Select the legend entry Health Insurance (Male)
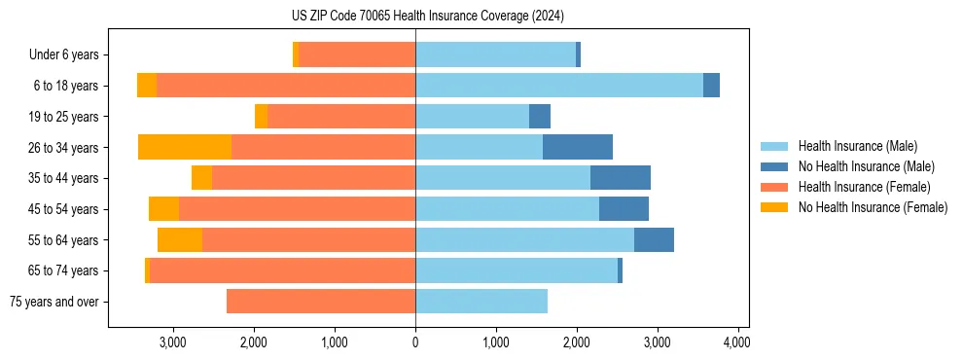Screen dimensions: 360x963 pyautogui.click(x=857, y=146)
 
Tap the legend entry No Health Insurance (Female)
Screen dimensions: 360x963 pyautogui.click(x=873, y=207)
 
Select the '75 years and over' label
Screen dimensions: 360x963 pyautogui.click(x=53, y=302)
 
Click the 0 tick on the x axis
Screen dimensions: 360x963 pyautogui.click(x=415, y=342)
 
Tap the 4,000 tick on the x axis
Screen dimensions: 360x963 pyautogui.click(x=737, y=342)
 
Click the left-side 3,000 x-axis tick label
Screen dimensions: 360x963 pyautogui.click(x=173, y=342)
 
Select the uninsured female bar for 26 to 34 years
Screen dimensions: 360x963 pyautogui.click(x=185, y=148)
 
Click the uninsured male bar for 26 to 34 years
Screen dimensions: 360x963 pyautogui.click(x=578, y=148)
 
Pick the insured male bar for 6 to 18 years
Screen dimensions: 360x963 pyautogui.click(x=559, y=86)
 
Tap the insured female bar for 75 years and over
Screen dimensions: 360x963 pyautogui.click(x=321, y=302)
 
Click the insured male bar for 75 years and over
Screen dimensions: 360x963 pyautogui.click(x=481, y=302)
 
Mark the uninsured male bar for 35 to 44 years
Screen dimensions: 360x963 pyautogui.click(x=621, y=178)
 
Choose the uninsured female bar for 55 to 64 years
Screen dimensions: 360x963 pyautogui.click(x=180, y=240)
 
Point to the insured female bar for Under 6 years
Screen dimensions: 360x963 pyautogui.click(x=357, y=55)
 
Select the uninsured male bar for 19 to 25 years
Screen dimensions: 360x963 pyautogui.click(x=540, y=117)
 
